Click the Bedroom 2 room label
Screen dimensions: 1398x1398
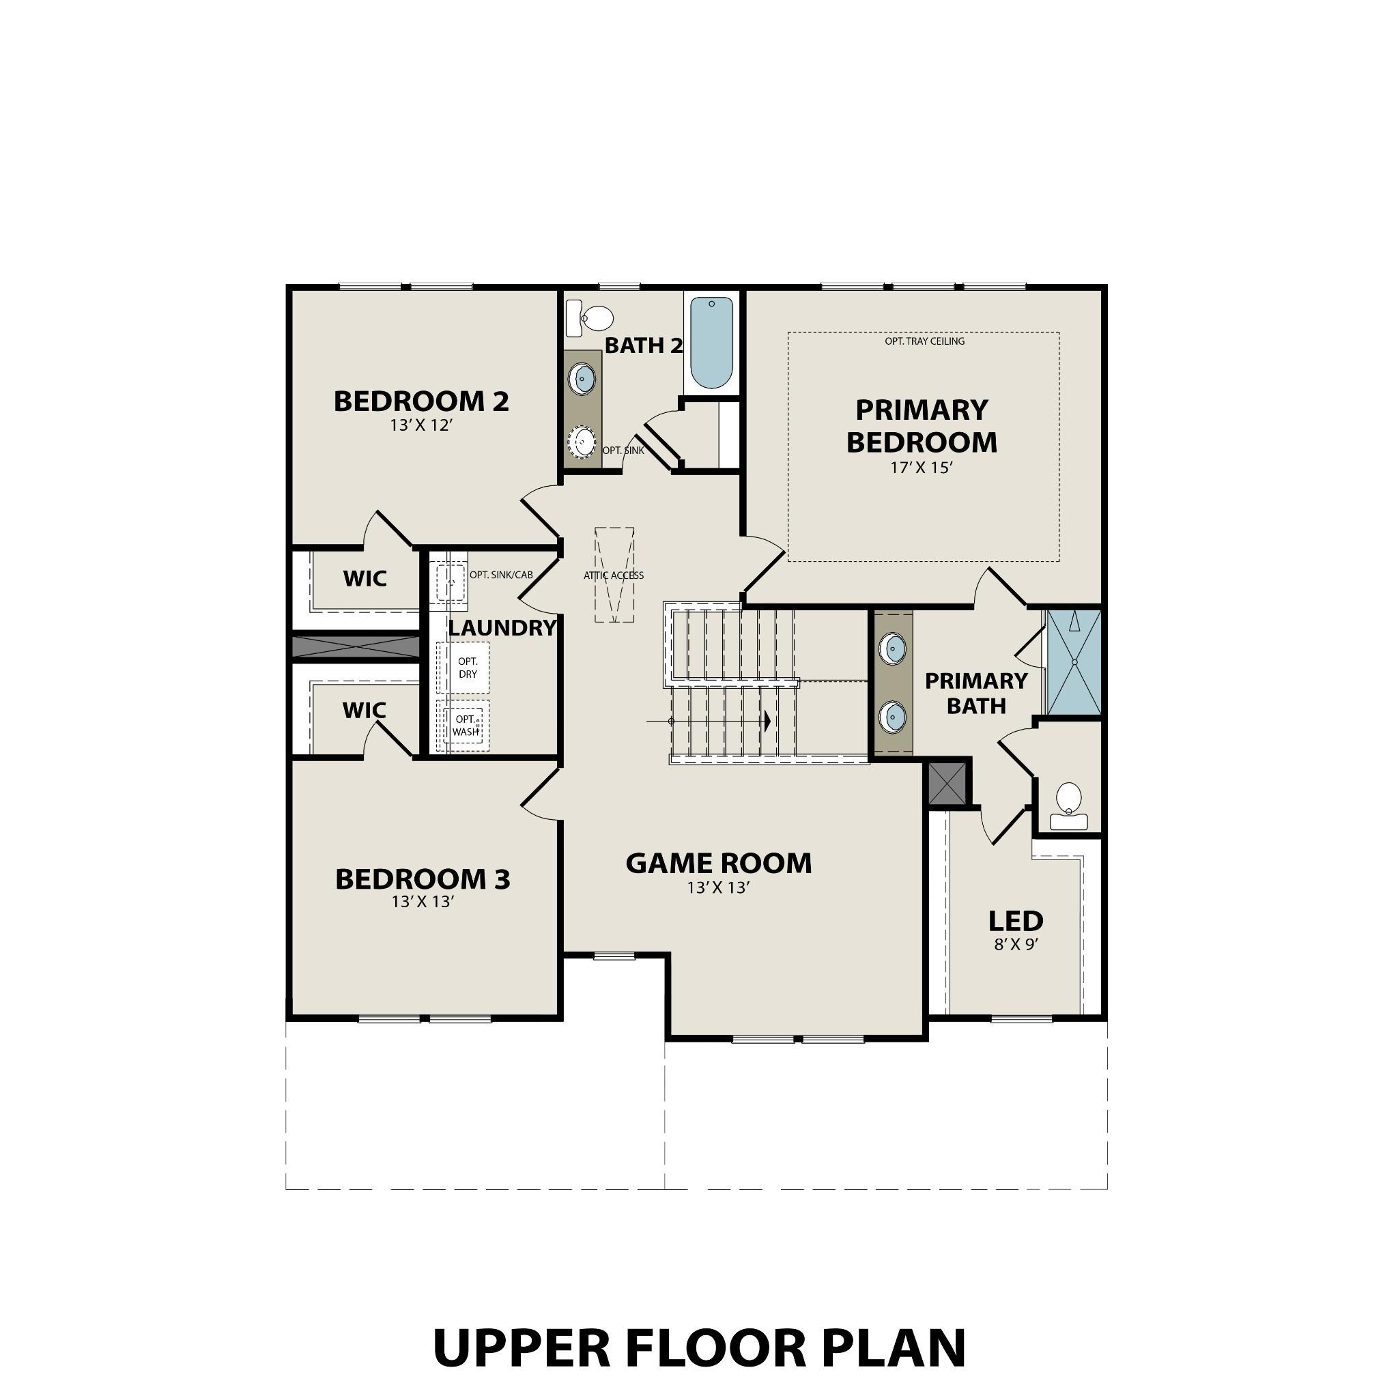click(x=421, y=401)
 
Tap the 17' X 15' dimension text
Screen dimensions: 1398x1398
click(x=921, y=468)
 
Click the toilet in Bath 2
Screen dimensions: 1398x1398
click(x=591, y=318)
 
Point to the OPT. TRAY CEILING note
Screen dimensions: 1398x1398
click(x=924, y=341)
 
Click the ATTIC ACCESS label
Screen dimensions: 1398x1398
click(x=614, y=576)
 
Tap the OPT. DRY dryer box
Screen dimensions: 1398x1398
click(x=468, y=668)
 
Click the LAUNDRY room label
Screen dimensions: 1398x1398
click(x=502, y=628)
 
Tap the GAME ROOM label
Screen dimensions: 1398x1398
click(x=719, y=864)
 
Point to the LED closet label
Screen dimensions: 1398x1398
click(x=1016, y=922)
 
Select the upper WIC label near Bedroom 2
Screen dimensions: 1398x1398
click(x=365, y=579)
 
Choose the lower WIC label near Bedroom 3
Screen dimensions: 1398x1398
click(x=364, y=711)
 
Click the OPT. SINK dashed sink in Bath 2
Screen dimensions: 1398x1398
click(x=582, y=442)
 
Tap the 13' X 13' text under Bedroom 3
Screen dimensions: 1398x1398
click(x=423, y=902)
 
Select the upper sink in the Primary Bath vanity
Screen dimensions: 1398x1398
click(x=892, y=648)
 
